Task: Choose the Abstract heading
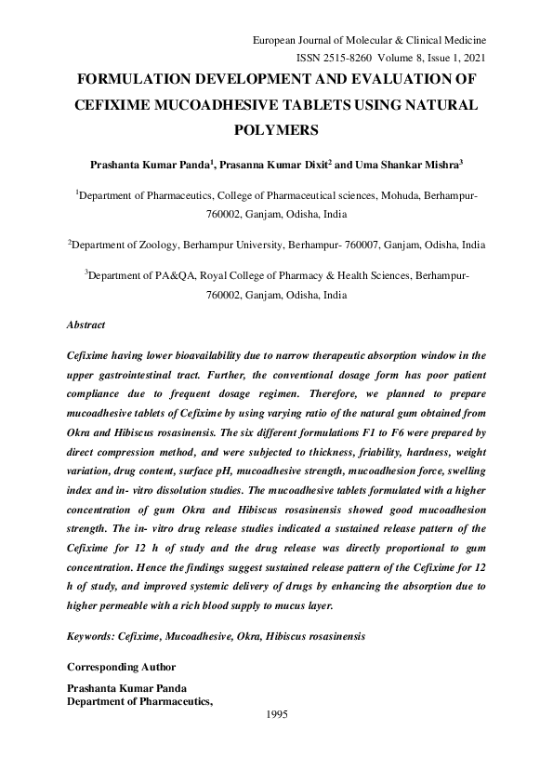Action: click(86, 325)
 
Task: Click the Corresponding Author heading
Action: click(121, 667)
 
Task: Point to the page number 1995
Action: click(276, 714)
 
